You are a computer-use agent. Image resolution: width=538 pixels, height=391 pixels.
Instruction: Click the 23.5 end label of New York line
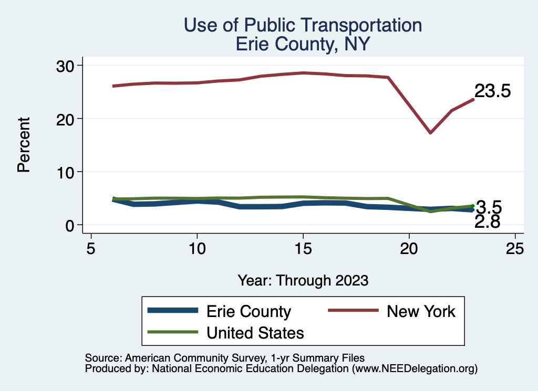coord(492,91)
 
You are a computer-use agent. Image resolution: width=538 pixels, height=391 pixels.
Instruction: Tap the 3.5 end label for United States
coord(489,207)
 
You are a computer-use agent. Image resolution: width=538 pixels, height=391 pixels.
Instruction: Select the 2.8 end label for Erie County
coord(487,222)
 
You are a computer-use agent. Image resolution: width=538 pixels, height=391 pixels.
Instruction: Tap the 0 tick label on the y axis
coord(71,226)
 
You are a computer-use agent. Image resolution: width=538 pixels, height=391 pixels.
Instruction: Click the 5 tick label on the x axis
coord(91,248)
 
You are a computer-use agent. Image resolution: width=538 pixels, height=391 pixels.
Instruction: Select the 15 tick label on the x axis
coord(303,248)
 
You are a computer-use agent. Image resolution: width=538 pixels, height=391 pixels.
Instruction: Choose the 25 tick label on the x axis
coord(515,248)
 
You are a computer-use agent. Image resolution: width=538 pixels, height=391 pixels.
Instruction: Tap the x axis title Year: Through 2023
coord(303,280)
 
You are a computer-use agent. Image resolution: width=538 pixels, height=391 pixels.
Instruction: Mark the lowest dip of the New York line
coord(430,133)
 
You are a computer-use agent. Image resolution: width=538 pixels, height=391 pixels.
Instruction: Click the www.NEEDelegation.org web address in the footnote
coord(414,369)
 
